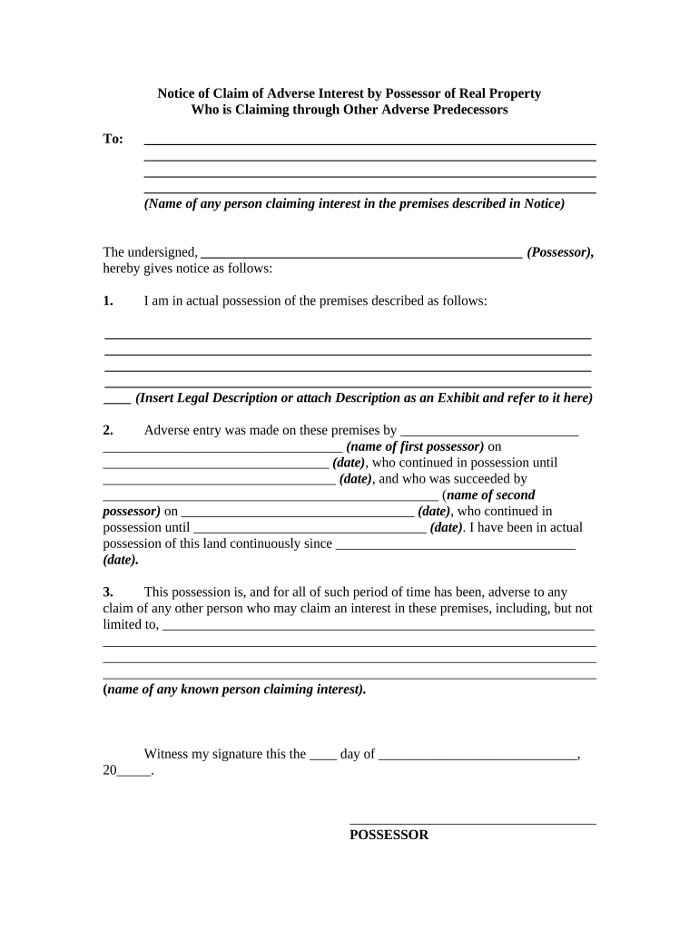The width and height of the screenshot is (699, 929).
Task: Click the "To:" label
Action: [x=113, y=139]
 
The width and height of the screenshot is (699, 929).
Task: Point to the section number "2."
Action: [x=108, y=430]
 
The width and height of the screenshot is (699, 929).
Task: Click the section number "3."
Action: [x=108, y=592]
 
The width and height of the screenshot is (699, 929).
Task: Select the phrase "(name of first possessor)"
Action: [x=415, y=446]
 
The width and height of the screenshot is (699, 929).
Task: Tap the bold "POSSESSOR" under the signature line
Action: [x=389, y=835]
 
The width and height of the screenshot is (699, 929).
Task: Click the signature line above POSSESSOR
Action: [x=472, y=823]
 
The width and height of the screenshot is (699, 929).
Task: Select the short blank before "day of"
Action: [x=323, y=758]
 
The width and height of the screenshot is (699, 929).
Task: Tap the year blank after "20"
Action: [x=133, y=774]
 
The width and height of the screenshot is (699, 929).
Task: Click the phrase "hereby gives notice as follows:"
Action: [x=188, y=269]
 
